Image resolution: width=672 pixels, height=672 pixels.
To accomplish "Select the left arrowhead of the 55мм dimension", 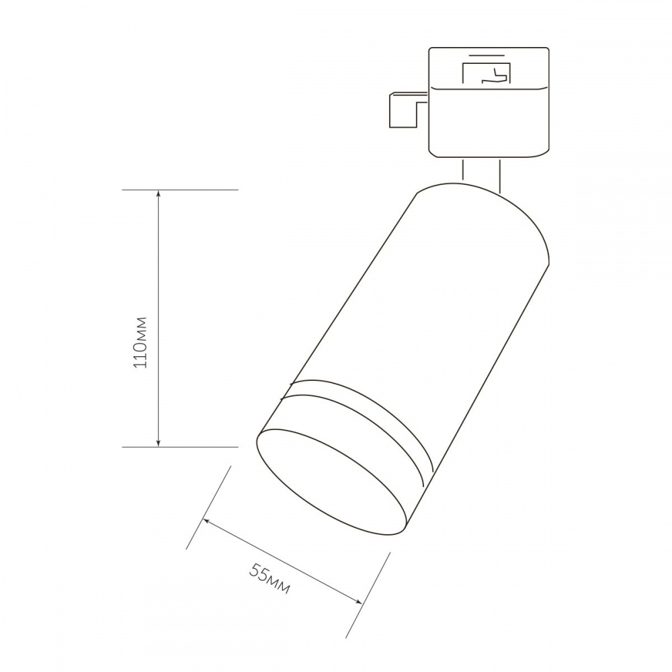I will click(208, 521).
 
